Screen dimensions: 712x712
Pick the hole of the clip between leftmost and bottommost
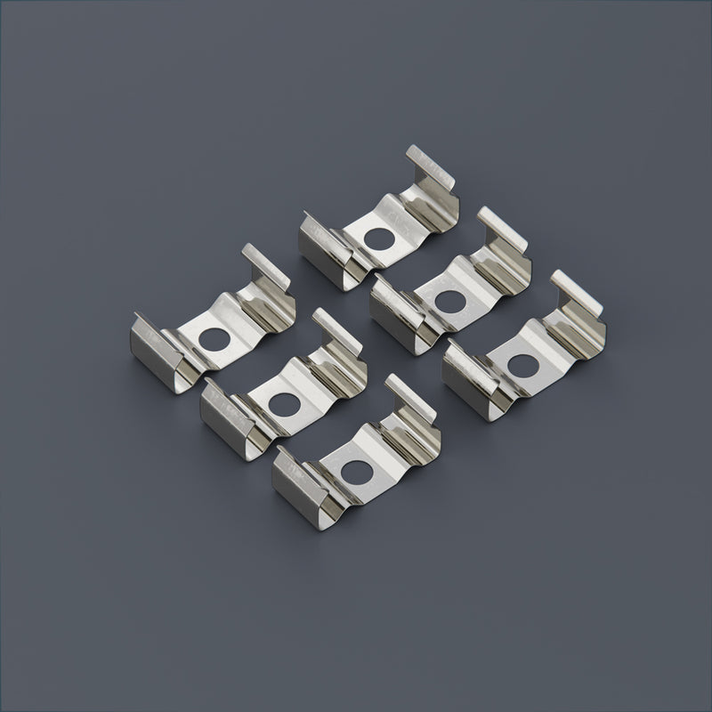point(285,401)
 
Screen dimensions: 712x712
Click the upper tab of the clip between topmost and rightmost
point(504,229)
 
